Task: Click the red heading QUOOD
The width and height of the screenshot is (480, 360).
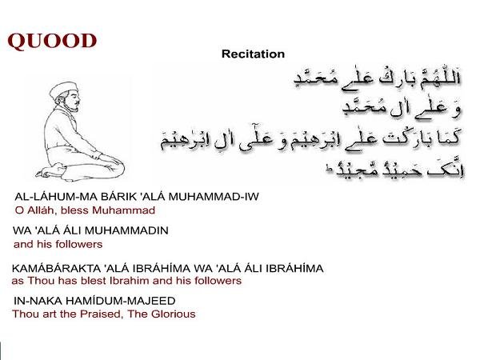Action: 52,41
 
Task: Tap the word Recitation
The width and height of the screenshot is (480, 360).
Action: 253,54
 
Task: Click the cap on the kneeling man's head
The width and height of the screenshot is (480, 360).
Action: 63,89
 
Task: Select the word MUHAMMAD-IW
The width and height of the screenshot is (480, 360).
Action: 214,197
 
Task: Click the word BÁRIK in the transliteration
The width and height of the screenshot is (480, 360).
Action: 118,197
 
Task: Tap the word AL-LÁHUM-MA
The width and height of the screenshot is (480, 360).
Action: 55,197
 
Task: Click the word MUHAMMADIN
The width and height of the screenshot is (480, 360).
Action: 126,230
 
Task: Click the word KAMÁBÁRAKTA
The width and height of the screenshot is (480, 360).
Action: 56,269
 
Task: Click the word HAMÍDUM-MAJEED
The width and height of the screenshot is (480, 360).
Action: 121,301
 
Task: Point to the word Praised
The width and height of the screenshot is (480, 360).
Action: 102,314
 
